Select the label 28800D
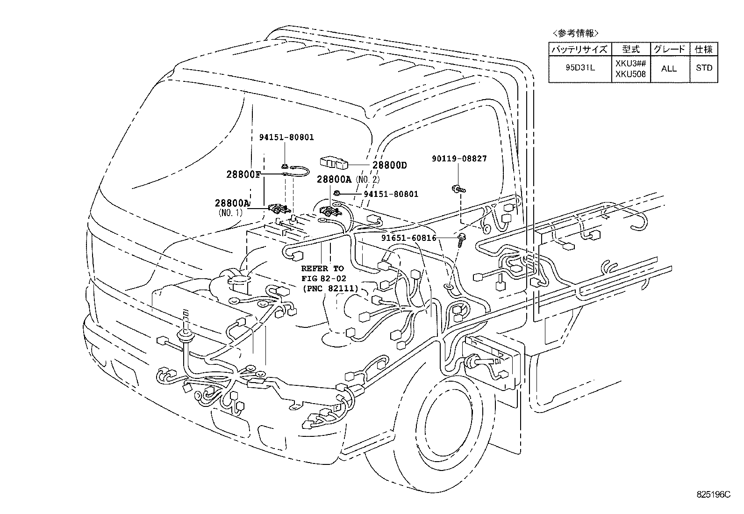tap(390, 165)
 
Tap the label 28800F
tap(243, 174)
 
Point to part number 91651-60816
tap(409, 238)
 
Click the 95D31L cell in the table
tap(579, 68)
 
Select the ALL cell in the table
tap(668, 68)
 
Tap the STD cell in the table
tap(704, 68)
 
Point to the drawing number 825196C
tap(713, 494)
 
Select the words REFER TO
tap(322, 268)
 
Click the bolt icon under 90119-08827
tap(457, 189)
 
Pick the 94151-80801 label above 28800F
tap(286, 138)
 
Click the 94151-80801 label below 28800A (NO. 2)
tap(391, 194)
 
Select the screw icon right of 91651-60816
tap(462, 239)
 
